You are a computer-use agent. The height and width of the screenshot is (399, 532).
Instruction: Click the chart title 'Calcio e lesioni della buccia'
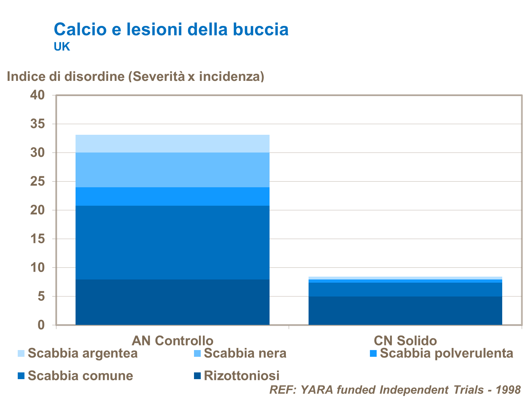click(171, 29)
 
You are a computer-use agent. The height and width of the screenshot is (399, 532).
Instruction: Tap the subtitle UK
click(62, 47)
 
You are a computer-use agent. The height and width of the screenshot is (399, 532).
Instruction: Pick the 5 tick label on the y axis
click(41, 296)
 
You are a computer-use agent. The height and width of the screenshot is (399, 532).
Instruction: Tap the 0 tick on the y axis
click(41, 325)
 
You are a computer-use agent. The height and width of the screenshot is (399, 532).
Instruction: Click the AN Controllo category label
click(172, 340)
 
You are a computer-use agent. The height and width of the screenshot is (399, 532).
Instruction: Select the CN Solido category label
click(405, 340)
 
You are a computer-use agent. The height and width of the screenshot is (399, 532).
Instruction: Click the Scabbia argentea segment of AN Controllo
click(172, 144)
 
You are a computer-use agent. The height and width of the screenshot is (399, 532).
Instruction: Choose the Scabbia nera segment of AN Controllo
click(172, 170)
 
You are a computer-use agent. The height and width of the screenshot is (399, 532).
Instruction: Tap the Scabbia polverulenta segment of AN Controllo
click(172, 196)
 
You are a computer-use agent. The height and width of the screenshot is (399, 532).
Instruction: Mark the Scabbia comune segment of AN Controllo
click(172, 243)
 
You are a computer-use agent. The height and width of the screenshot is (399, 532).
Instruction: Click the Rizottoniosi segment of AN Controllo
click(172, 302)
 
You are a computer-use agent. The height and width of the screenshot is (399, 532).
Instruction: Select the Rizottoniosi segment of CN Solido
click(405, 311)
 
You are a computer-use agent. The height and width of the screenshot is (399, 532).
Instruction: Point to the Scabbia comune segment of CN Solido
click(405, 289)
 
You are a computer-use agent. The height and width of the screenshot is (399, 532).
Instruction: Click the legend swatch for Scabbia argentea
click(21, 354)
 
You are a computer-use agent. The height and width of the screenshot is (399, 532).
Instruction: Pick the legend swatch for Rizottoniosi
click(197, 375)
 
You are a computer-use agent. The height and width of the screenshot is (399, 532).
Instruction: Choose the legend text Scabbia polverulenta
click(446, 353)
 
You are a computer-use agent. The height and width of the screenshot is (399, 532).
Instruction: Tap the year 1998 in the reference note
click(508, 389)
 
